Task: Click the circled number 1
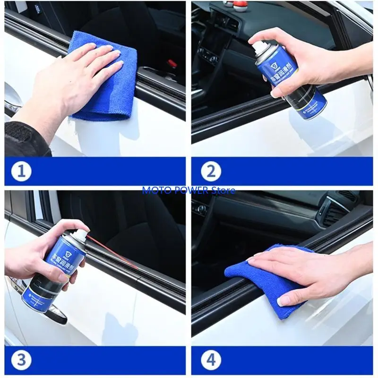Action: pos(21,171)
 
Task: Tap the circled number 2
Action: pos(210,171)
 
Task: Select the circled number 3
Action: pos(21,360)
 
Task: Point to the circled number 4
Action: pos(210,360)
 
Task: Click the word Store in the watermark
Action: pos(224,190)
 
